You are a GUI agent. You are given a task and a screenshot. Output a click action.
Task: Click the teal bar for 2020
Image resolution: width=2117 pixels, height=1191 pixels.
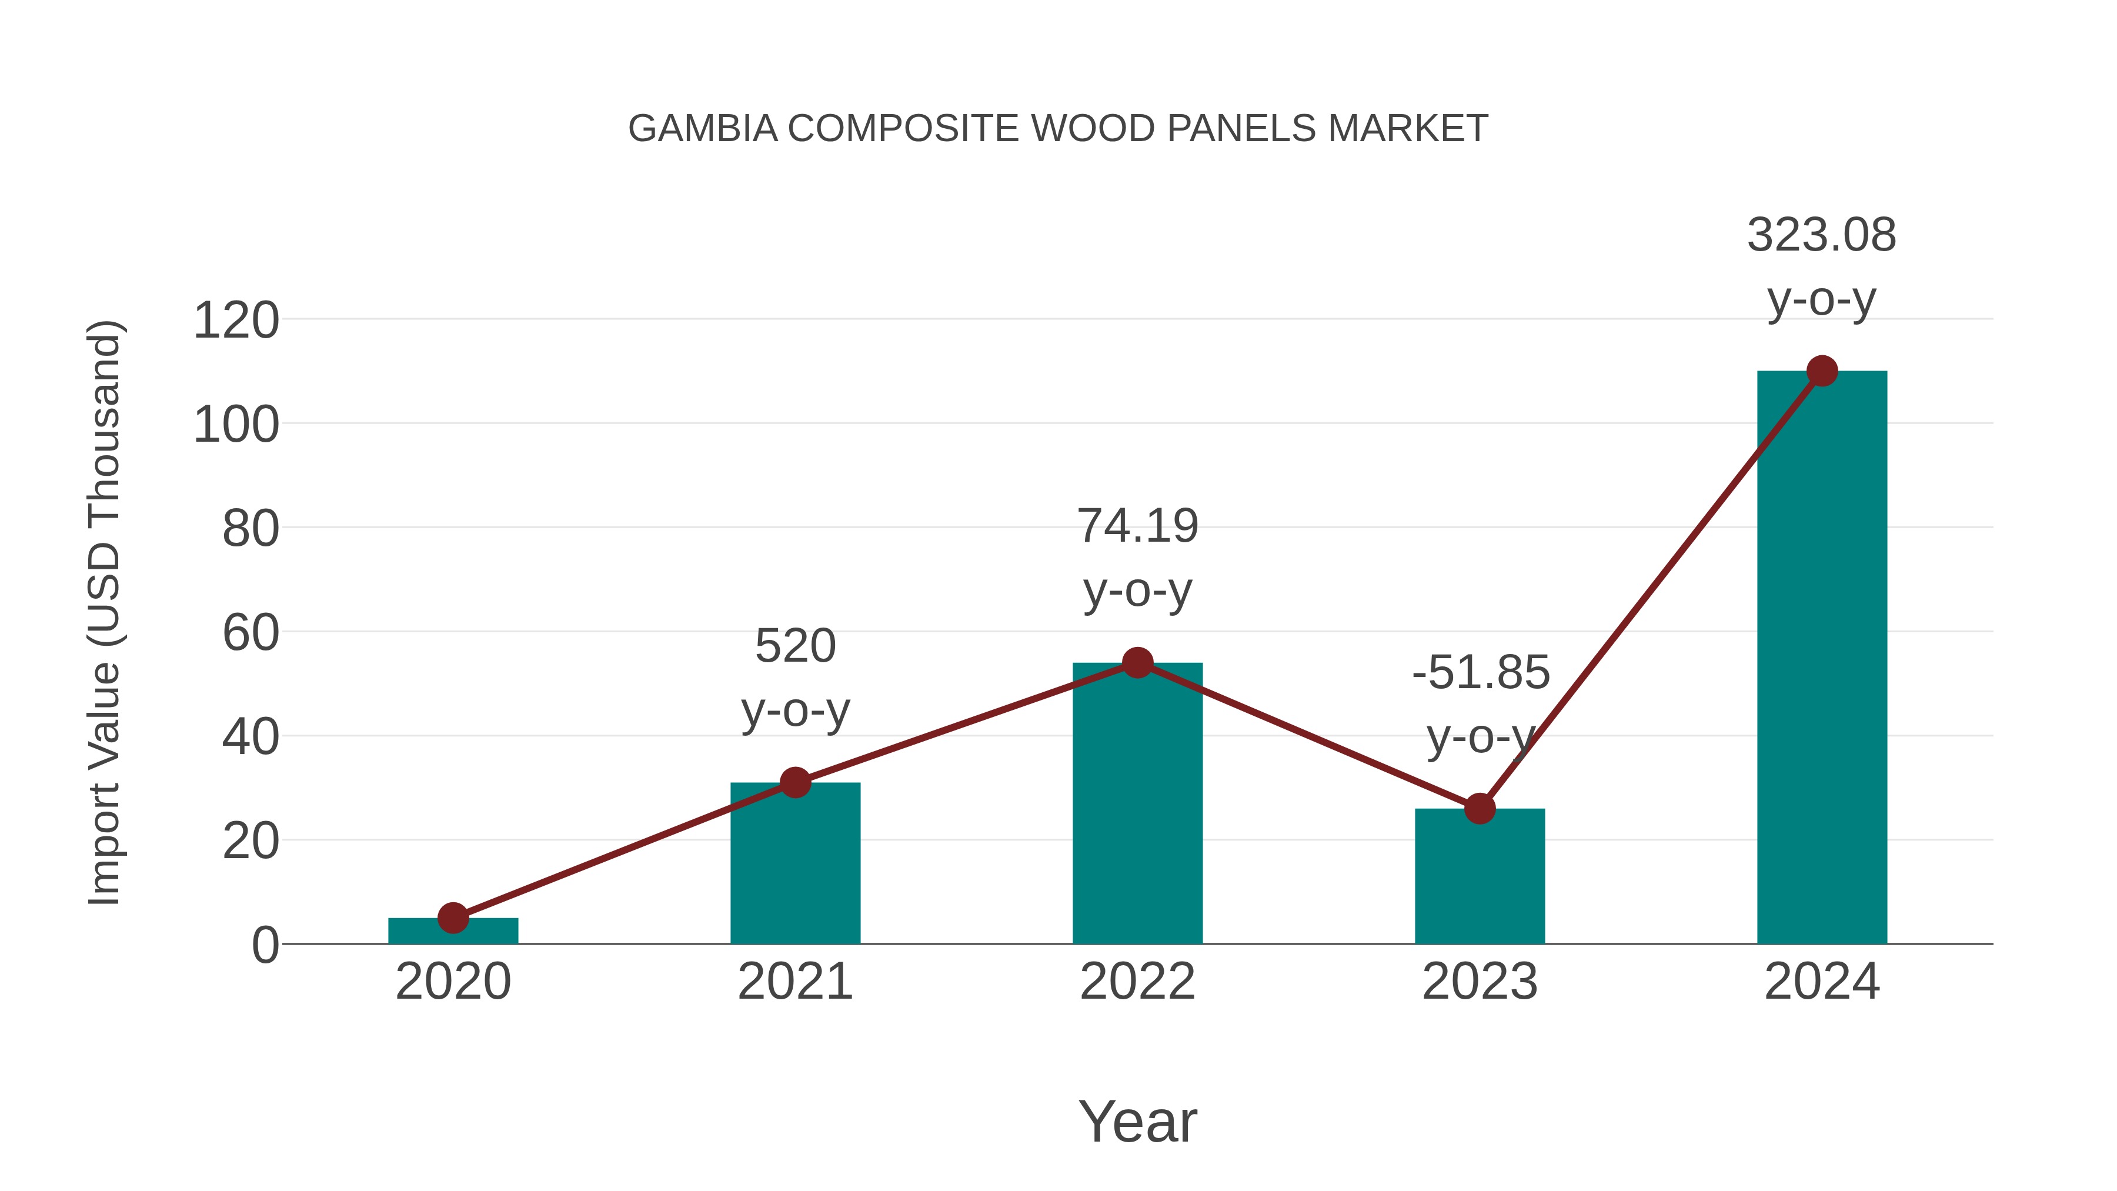click(453, 933)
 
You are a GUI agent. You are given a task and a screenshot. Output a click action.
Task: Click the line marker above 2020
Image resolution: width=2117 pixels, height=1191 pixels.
click(453, 918)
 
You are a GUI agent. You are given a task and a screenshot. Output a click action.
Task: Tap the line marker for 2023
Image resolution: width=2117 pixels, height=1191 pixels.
click(1480, 809)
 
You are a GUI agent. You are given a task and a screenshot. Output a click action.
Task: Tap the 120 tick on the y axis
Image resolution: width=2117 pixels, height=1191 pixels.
click(236, 321)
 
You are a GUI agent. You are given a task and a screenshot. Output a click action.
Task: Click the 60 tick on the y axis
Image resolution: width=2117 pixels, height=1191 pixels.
click(251, 633)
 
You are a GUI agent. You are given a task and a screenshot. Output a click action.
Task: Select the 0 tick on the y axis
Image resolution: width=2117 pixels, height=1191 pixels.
click(265, 945)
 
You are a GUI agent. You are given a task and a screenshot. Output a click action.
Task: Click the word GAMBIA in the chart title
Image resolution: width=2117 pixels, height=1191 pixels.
click(703, 129)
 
